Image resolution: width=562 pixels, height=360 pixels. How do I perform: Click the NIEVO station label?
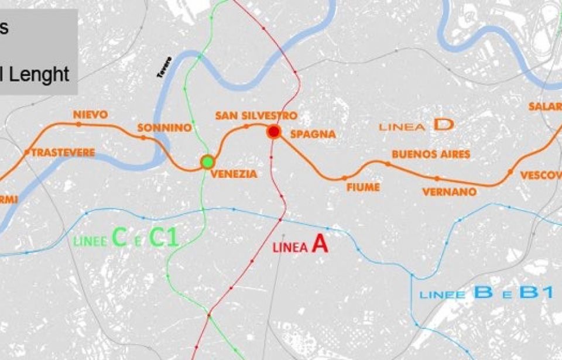(x=91, y=114)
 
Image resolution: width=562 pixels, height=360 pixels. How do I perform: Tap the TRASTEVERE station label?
(x=63, y=153)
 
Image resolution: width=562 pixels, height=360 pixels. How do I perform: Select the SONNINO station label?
(x=164, y=128)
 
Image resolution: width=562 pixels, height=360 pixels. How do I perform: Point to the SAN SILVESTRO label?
(x=256, y=116)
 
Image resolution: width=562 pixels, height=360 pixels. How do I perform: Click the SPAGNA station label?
(x=313, y=134)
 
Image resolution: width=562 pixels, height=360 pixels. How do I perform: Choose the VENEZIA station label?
(x=234, y=174)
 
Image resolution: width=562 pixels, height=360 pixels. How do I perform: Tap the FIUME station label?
(x=363, y=187)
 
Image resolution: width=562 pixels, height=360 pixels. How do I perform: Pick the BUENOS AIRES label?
(x=431, y=155)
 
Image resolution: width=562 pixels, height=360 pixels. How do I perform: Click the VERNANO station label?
(x=449, y=191)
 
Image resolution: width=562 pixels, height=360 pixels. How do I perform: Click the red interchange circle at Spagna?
(x=273, y=132)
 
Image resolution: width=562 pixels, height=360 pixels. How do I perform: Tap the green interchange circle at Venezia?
(x=207, y=162)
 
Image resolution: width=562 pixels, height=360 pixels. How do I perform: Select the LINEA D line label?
(x=416, y=125)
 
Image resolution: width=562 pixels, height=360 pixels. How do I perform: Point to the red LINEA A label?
(x=300, y=245)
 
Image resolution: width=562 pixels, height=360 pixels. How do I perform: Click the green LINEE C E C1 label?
(x=126, y=238)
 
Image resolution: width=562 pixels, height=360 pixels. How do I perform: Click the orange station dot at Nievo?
(x=78, y=124)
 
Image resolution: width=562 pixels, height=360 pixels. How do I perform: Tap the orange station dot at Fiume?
(x=344, y=178)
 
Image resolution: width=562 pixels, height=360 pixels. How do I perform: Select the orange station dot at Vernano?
(x=437, y=178)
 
